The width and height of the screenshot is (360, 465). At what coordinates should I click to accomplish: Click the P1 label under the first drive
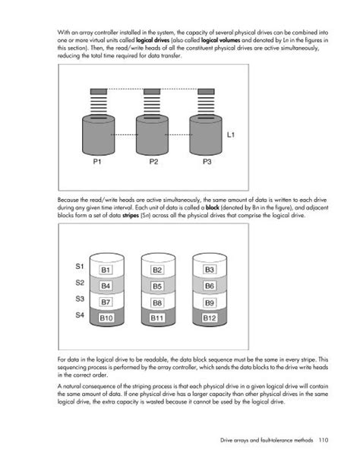pyautogui.click(x=97, y=162)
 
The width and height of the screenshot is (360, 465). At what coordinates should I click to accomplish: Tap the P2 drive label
pyautogui.click(x=153, y=162)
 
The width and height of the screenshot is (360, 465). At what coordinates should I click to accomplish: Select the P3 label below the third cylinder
pyautogui.click(x=207, y=162)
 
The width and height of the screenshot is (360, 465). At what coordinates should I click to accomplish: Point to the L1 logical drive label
pyautogui.click(x=231, y=135)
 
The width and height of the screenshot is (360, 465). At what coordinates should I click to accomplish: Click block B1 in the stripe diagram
pyautogui.click(x=106, y=270)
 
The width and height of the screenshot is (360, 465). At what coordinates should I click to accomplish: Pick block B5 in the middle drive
pyautogui.click(x=157, y=286)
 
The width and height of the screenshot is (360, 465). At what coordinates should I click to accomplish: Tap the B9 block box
pyautogui.click(x=210, y=303)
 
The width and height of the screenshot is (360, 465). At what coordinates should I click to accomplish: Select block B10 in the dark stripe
pyautogui.click(x=106, y=318)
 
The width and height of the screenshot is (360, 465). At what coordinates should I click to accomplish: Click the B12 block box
pyautogui.click(x=210, y=318)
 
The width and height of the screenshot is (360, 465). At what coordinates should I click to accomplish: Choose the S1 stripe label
pyautogui.click(x=80, y=266)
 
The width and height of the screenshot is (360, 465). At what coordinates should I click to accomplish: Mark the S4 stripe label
pyautogui.click(x=80, y=315)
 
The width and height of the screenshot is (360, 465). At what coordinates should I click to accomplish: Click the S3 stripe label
pyautogui.click(x=80, y=299)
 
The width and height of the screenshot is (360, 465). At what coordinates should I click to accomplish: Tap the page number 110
pyautogui.click(x=324, y=440)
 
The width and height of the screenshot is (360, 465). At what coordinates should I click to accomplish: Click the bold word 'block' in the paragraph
pyautogui.click(x=213, y=207)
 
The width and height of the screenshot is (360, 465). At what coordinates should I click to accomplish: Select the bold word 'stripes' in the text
pyautogui.click(x=131, y=215)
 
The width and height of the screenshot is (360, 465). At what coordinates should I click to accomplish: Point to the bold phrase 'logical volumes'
pyautogui.click(x=220, y=40)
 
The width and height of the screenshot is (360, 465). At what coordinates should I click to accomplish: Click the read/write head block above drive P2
pyautogui.click(x=152, y=92)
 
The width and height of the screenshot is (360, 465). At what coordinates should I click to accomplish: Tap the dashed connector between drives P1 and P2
pyautogui.click(x=125, y=135)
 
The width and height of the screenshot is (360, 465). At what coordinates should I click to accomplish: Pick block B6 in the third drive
pyautogui.click(x=210, y=286)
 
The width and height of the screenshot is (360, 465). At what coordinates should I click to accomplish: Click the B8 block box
pyautogui.click(x=157, y=303)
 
